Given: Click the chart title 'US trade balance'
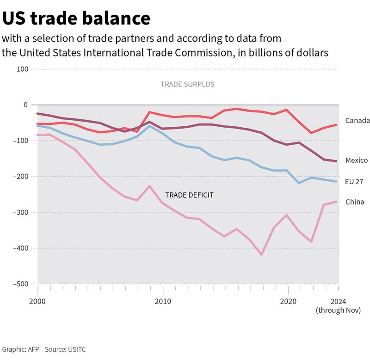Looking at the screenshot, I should click(76, 18).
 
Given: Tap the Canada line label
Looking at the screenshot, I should click(358, 121).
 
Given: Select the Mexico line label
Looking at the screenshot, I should click(357, 161).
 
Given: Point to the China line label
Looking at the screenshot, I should click(355, 202).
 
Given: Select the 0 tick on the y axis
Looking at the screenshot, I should click(26, 105).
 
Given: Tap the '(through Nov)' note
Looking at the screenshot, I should click(338, 310).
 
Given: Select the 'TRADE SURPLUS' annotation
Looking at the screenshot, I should click(187, 85).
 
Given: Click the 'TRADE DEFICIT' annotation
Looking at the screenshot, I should click(189, 195).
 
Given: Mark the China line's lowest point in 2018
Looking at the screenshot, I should click(262, 254).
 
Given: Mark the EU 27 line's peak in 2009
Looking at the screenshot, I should click(150, 126).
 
